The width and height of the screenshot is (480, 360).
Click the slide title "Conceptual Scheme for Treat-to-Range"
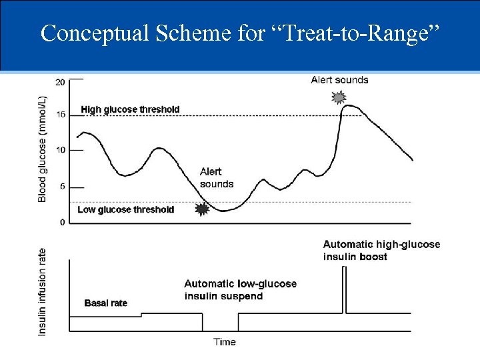pos(240,33)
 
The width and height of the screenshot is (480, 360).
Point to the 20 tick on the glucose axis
pos(61,82)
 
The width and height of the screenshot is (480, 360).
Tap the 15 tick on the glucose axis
pos(61,115)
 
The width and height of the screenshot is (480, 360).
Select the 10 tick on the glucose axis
pos(61,150)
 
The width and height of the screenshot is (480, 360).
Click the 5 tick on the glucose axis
pos(62,187)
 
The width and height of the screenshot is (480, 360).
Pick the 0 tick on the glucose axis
pos(62,222)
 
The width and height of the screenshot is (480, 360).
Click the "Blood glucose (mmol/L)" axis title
pos(43,149)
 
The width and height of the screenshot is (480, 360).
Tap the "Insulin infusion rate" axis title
pos(43,291)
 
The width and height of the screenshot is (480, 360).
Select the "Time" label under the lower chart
pos(225,342)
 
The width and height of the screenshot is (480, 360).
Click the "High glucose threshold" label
pos(130,109)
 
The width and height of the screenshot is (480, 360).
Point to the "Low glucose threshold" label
pos(126,209)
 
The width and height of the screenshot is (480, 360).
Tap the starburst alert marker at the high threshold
pos(339,98)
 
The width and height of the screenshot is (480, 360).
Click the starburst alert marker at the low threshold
pos(201,209)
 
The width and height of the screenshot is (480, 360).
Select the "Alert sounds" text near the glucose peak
pos(339,80)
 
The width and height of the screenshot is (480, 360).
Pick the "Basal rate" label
pos(105,303)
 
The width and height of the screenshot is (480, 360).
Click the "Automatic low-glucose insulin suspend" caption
pos(240,290)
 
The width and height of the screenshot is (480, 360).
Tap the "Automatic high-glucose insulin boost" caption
pos(381,250)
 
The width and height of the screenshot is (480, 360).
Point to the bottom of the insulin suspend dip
pos(221,331)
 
